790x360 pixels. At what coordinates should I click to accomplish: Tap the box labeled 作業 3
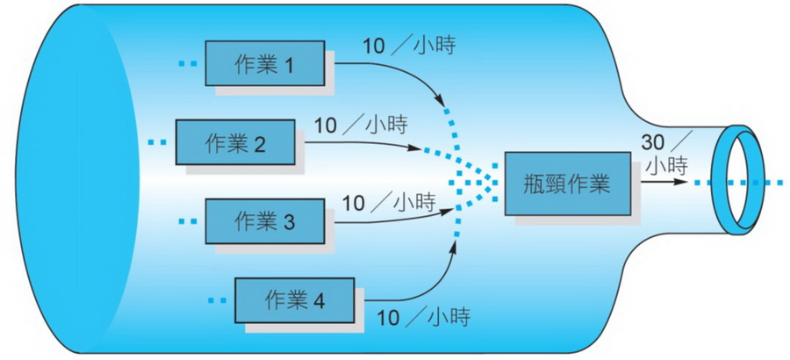(263, 220)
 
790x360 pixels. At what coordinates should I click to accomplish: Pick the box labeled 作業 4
(294, 300)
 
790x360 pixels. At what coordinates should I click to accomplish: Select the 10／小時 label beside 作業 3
(389, 203)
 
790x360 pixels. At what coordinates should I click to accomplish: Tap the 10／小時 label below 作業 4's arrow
(421, 315)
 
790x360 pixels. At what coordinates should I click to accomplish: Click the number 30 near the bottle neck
(655, 141)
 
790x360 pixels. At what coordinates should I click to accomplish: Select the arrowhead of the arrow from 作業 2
(414, 148)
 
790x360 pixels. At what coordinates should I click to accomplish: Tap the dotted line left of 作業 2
(157, 141)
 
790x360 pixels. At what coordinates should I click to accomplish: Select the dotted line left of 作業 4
(218, 300)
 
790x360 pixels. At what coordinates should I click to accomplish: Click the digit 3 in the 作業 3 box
(290, 221)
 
